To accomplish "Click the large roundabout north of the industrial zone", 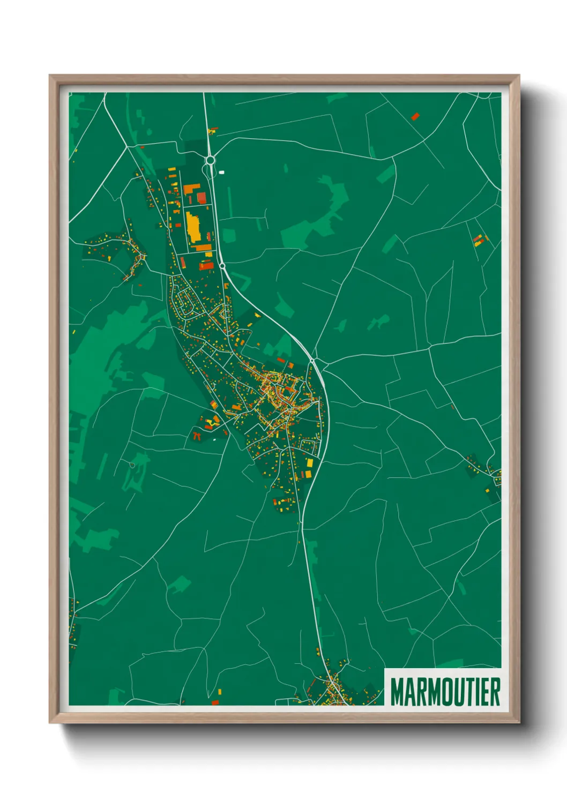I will tap(210, 160).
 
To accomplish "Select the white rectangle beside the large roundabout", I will tap(222, 173).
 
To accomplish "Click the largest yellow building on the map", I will tap(193, 227).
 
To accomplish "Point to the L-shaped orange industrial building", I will tap(192, 189).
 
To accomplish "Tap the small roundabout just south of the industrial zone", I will tap(222, 265).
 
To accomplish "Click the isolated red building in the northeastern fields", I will tap(415, 115).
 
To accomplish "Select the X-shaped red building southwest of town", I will tap(196, 436).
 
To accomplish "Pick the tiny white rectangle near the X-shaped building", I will tap(214, 440).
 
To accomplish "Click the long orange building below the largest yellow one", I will tap(203, 247).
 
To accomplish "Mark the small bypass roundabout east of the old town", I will tap(312, 362).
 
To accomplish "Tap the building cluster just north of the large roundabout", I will tap(213, 130).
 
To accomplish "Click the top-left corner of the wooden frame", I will tap(51, 77).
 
